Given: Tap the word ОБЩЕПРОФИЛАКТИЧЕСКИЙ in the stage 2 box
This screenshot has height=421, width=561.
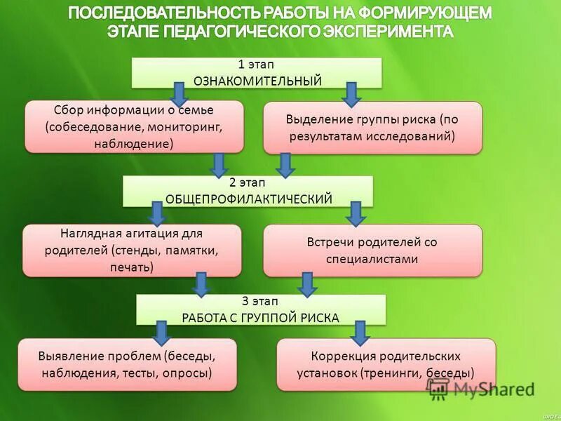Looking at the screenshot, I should pos(248,199).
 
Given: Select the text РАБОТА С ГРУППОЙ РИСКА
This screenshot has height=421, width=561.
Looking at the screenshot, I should pos(261,318).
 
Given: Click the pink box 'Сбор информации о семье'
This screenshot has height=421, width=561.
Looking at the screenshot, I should pos(134,127).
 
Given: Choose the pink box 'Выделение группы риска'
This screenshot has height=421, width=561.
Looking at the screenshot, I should pos(372,128).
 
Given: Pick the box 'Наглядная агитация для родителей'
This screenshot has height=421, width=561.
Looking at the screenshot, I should pos(132,250).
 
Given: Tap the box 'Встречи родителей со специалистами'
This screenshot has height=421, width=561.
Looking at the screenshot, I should pos(372,250).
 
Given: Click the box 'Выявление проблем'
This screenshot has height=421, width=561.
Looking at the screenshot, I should pos(127,365).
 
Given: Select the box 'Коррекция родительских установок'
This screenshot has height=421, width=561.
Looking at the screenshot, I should pos(386,365).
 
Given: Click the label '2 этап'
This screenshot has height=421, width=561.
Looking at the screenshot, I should pos(248,183).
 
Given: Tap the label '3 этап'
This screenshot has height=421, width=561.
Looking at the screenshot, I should pos(261,302).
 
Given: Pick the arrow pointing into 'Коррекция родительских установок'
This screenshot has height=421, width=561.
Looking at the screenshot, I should pos(360,331).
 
